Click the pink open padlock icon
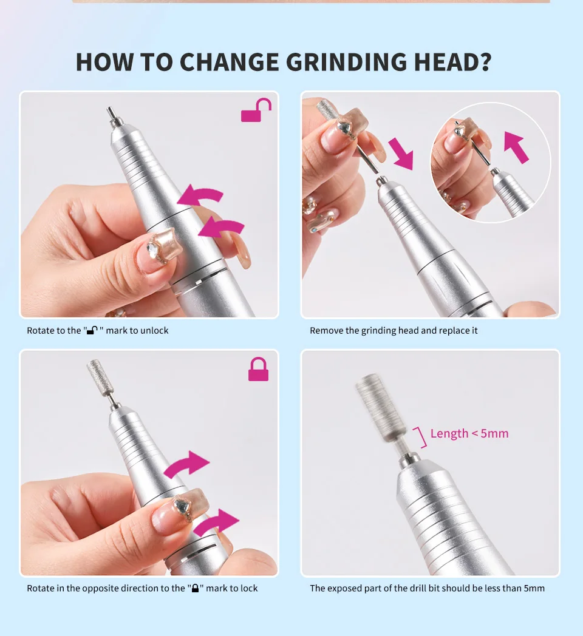pos(256,110)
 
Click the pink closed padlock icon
pos(258,370)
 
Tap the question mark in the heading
pos(485,63)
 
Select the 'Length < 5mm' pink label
pos(469,433)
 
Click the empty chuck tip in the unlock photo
pos(111,116)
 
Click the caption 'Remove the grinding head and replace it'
pos(394,331)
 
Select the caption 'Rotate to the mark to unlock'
pos(97,331)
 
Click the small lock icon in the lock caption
pos(195,589)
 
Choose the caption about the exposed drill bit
pos(427,589)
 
